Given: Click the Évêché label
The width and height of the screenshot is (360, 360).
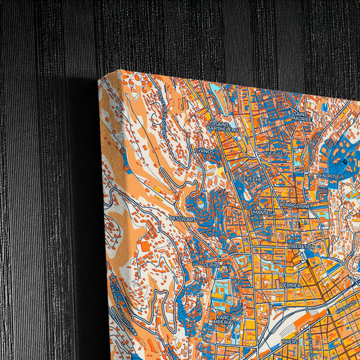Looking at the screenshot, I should (253, 179).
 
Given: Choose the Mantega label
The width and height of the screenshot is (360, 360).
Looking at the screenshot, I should (263, 213).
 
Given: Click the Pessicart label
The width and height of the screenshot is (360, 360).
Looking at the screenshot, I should (183, 220).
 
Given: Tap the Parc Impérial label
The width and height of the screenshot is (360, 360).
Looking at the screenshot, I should (226, 319).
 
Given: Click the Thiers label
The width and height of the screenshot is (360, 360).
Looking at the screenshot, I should (289, 341).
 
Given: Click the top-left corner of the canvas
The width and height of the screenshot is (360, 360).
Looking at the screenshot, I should (99, 78).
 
